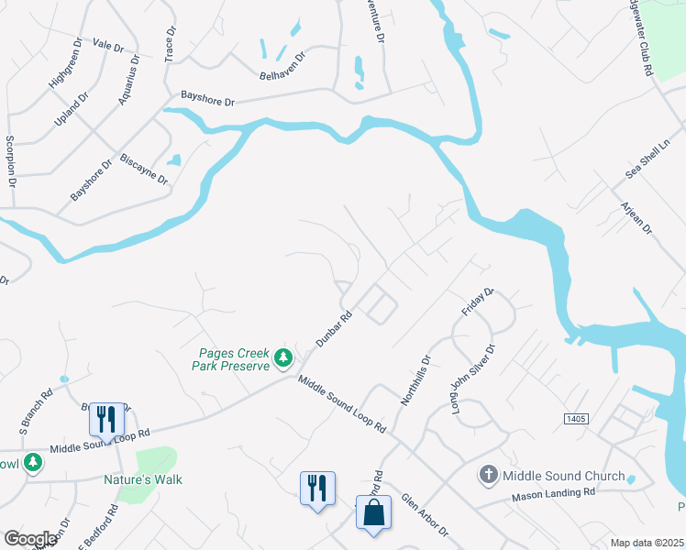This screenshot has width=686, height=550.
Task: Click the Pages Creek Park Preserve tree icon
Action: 284,357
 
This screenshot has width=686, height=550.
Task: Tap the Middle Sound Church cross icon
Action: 488,475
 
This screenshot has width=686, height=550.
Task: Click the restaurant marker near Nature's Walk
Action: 106,419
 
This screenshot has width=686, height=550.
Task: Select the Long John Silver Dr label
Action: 473,378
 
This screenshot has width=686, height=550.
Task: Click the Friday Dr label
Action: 478,302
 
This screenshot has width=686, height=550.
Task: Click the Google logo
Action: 29,539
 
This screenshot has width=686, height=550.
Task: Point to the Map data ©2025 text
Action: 646,543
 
